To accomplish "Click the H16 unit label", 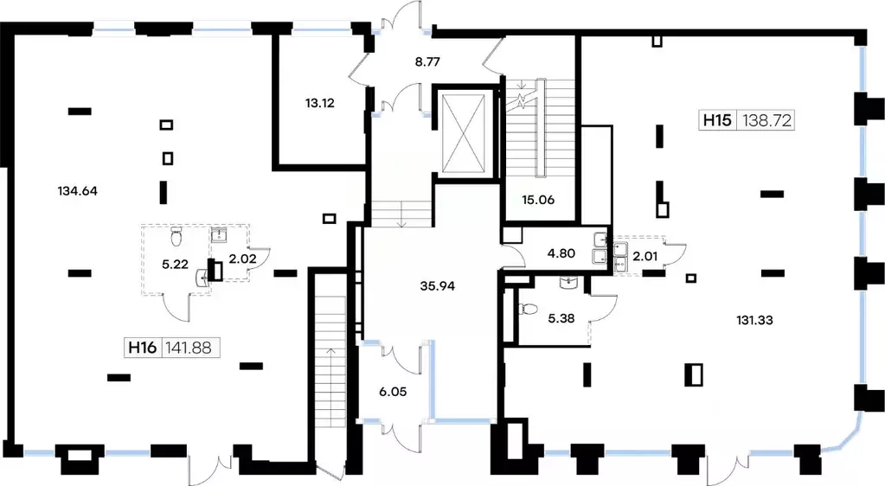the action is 142,347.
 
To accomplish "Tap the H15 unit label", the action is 717,120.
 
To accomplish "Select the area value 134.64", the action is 77,191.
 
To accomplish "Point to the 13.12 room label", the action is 320,103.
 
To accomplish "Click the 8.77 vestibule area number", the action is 427,61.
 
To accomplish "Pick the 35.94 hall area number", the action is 438,285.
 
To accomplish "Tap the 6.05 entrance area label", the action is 393,391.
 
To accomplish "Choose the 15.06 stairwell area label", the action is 538,199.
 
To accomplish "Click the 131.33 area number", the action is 754,320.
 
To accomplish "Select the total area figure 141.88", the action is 189,347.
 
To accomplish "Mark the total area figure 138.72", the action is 766,120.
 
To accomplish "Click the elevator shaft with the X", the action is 464,133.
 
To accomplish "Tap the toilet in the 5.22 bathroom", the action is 176,237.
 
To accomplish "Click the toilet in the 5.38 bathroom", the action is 528,310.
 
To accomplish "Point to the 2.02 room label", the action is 243,259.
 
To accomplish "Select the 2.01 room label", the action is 645,256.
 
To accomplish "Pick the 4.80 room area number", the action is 561,253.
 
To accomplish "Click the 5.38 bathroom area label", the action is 561,318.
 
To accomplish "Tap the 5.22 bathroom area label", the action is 175,264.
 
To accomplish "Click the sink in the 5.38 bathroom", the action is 568,283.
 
